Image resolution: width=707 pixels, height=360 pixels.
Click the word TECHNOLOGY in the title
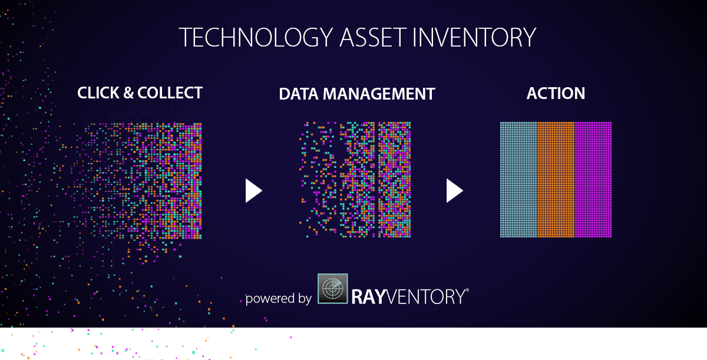coord(256,38)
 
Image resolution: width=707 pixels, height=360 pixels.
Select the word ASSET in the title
coord(373,37)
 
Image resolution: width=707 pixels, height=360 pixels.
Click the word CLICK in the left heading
coord(98,93)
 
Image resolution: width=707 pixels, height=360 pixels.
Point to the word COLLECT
coord(170,93)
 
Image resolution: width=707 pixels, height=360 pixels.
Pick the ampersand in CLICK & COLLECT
coord(128,93)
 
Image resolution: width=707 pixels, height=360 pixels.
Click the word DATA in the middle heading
coord(299,94)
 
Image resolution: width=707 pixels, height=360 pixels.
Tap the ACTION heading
coord(556,94)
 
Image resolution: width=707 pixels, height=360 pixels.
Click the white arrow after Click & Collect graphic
coord(253,190)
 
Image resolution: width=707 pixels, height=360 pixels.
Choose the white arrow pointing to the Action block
coord(454,190)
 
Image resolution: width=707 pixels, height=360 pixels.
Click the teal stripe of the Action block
coord(518,180)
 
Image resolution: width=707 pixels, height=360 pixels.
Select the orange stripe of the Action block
coord(556,180)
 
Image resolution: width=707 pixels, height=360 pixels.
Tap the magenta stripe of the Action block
coord(593,180)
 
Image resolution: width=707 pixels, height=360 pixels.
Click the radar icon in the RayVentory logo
coord(333,289)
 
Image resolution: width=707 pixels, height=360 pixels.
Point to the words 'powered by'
coord(278,298)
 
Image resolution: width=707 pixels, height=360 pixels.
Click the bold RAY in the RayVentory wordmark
coord(368,297)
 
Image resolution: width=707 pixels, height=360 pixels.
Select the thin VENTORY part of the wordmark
coord(425,297)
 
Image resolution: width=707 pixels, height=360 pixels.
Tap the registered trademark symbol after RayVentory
coord(467,290)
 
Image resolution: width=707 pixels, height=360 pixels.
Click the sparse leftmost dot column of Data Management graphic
coord(318,180)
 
